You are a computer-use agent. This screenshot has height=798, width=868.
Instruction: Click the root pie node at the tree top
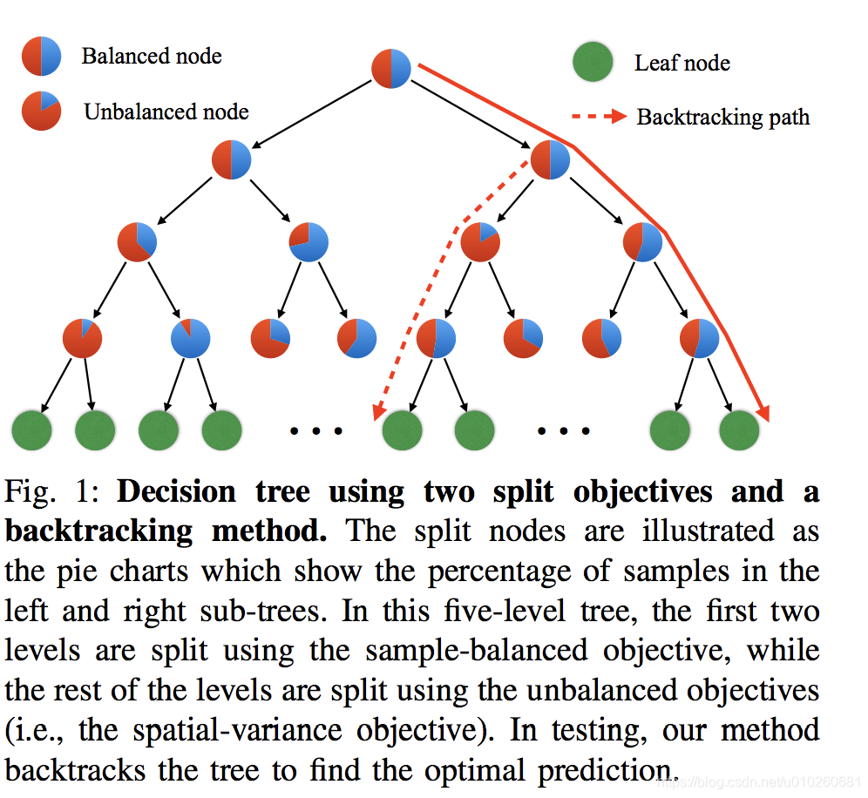click(391, 69)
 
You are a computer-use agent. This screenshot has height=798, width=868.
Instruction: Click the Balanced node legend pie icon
click(42, 57)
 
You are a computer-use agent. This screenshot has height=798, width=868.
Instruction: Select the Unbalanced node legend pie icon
click(42, 112)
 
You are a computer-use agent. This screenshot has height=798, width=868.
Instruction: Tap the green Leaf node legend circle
click(593, 63)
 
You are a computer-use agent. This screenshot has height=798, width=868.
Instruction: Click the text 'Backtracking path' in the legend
click(722, 118)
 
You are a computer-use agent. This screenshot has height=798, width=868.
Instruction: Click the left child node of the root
click(232, 160)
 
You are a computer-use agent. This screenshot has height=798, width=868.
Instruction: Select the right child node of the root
click(550, 160)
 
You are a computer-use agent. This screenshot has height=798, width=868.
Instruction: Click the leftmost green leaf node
click(31, 429)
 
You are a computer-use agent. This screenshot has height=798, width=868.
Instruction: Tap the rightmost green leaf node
click(739, 429)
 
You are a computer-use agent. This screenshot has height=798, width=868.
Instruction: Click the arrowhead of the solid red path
click(764, 413)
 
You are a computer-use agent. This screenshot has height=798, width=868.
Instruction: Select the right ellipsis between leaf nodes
click(563, 430)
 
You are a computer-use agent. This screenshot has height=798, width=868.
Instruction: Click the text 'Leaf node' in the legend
click(682, 64)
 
